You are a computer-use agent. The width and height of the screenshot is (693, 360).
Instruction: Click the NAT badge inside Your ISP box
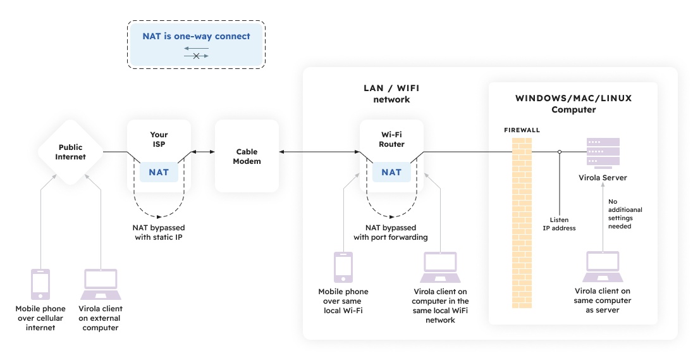159,172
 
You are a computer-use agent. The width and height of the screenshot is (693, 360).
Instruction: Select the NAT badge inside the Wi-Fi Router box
391,172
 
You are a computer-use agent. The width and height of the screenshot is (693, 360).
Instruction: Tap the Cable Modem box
247,156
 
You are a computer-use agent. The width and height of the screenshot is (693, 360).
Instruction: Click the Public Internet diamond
70,152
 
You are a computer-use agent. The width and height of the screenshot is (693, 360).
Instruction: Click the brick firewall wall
522,221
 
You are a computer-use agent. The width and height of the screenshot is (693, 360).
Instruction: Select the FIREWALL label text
522,130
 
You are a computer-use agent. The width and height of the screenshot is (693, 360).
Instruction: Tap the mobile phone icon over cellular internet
40,284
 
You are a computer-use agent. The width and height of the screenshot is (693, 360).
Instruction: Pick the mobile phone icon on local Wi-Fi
343,267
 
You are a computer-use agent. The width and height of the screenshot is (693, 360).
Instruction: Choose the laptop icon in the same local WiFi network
441,267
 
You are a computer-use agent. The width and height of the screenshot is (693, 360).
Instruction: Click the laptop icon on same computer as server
603,267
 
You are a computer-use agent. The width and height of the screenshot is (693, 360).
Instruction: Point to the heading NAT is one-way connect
196,37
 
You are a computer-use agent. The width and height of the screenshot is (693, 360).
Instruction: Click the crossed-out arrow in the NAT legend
196,56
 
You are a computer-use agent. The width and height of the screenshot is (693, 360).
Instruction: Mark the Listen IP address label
559,224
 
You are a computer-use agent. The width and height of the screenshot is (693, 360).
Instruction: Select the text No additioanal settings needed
620,213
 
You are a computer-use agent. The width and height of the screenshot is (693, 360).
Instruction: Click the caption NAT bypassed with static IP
159,232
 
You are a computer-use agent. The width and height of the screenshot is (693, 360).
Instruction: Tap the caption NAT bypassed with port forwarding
391,232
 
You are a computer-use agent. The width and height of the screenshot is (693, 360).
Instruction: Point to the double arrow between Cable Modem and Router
319,152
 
